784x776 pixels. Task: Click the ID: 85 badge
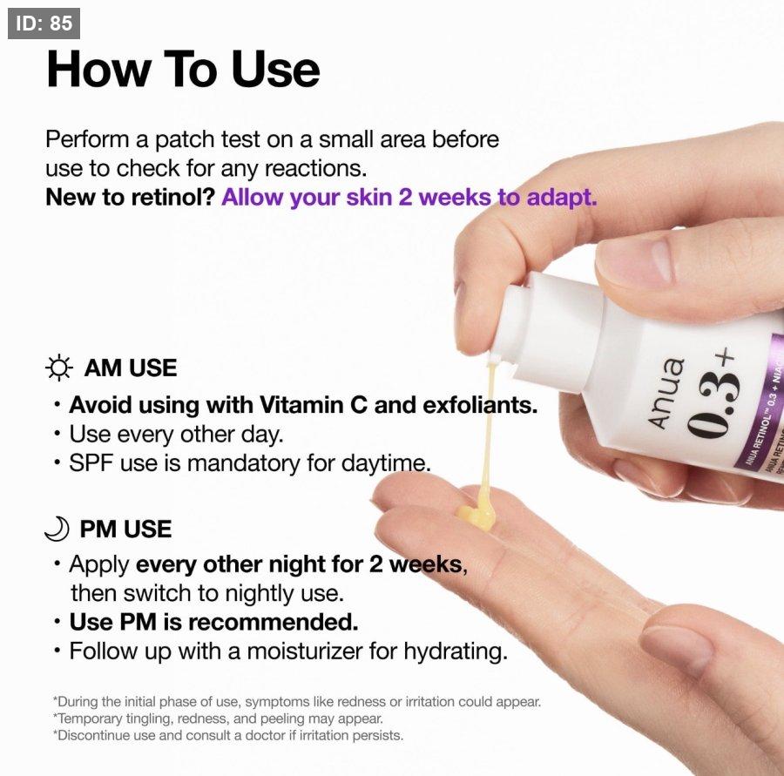coord(44,23)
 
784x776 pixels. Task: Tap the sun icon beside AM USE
coord(59,368)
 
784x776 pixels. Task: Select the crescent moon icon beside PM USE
coord(57,529)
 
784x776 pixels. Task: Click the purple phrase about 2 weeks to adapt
coord(409,198)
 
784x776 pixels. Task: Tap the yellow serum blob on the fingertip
coord(477,510)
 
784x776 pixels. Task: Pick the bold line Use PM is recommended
coord(214,622)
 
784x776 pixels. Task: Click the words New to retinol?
coord(130,198)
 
